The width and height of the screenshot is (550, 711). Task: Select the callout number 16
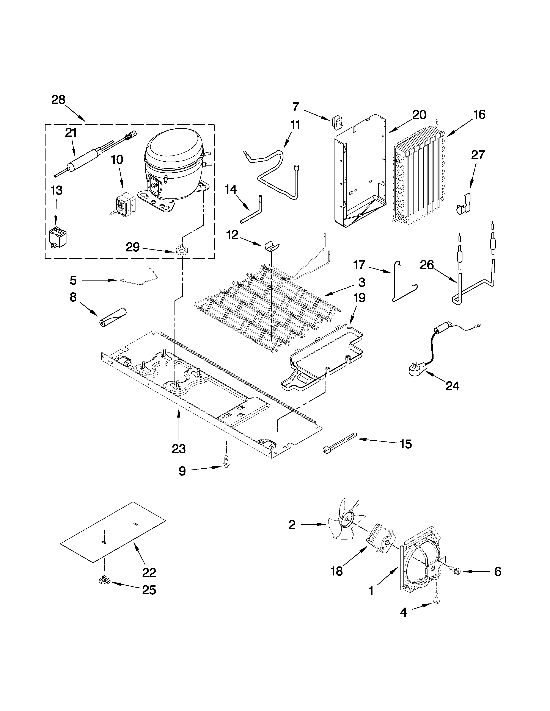(x=479, y=115)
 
